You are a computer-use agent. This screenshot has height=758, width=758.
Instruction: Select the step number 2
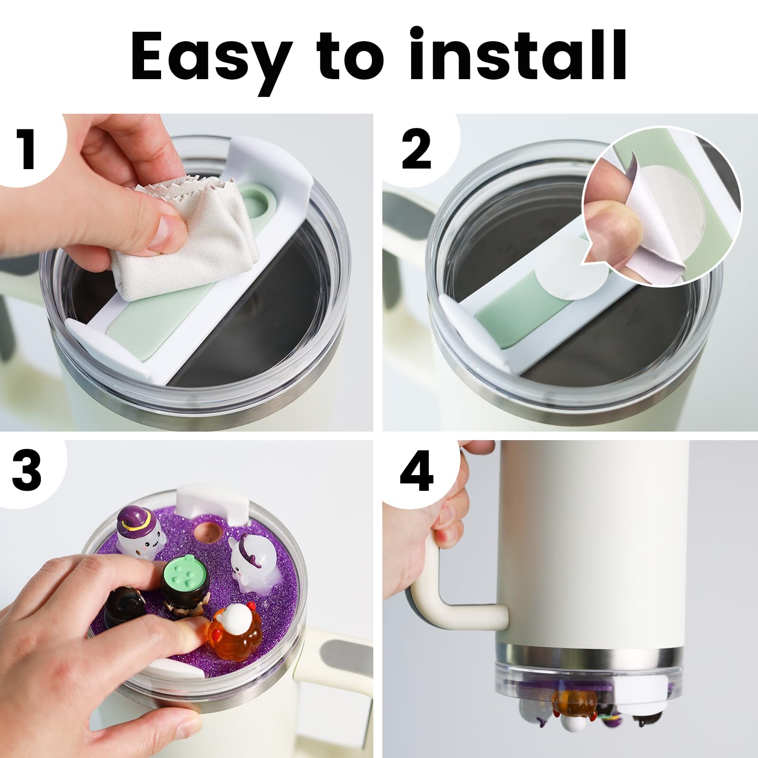(417, 148)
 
